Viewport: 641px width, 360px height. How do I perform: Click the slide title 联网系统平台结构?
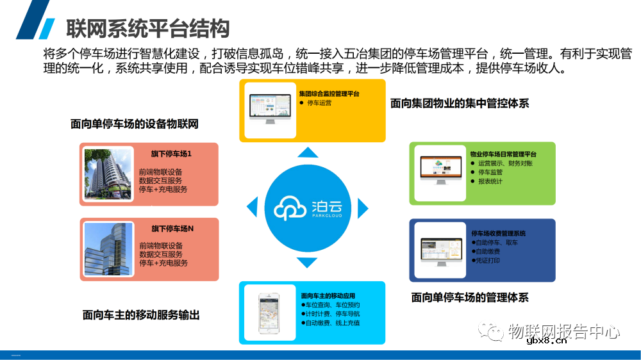(x=148, y=28)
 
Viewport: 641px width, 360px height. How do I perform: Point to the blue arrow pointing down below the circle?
(x=308, y=263)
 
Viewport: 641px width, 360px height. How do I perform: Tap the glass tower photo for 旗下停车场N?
(x=107, y=249)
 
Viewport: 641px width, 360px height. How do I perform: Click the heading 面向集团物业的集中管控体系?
(x=460, y=103)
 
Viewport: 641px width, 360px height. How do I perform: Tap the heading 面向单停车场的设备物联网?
(x=135, y=124)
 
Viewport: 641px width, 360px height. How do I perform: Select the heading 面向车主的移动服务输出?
(x=141, y=315)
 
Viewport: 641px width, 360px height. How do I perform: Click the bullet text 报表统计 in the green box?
(x=490, y=181)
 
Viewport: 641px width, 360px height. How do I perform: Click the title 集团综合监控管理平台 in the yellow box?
(x=329, y=94)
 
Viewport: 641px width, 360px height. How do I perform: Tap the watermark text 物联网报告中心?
(x=563, y=331)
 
